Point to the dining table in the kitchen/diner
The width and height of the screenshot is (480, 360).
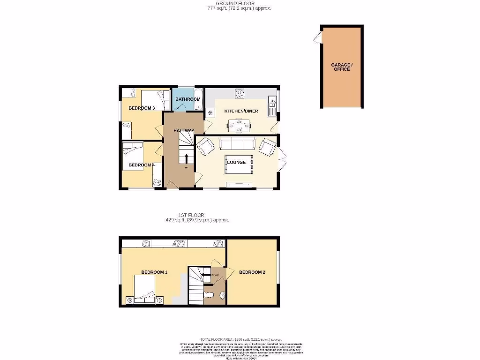coord(239,125)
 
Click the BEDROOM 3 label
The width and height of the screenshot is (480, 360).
coord(142,108)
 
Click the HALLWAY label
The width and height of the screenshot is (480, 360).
coord(184,130)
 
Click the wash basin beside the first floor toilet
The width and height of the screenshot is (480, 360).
coord(223,295)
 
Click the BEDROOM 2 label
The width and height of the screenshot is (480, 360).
coord(252,272)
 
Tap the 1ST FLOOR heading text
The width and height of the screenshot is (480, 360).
coord(197,215)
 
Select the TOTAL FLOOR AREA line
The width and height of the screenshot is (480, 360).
coord(240,339)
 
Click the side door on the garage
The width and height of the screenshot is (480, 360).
coord(318,37)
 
